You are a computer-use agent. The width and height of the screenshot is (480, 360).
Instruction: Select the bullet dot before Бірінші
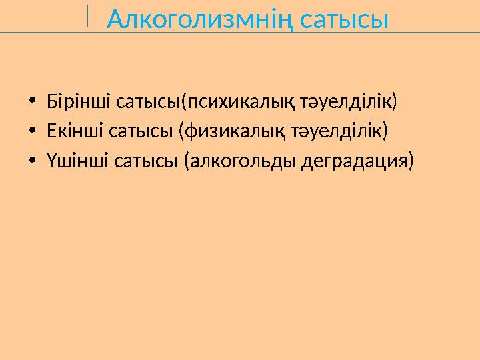[x=32, y=103]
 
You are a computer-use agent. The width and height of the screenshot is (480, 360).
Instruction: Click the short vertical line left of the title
[x=88, y=15]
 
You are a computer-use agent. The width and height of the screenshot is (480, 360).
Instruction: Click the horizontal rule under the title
[x=240, y=33]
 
